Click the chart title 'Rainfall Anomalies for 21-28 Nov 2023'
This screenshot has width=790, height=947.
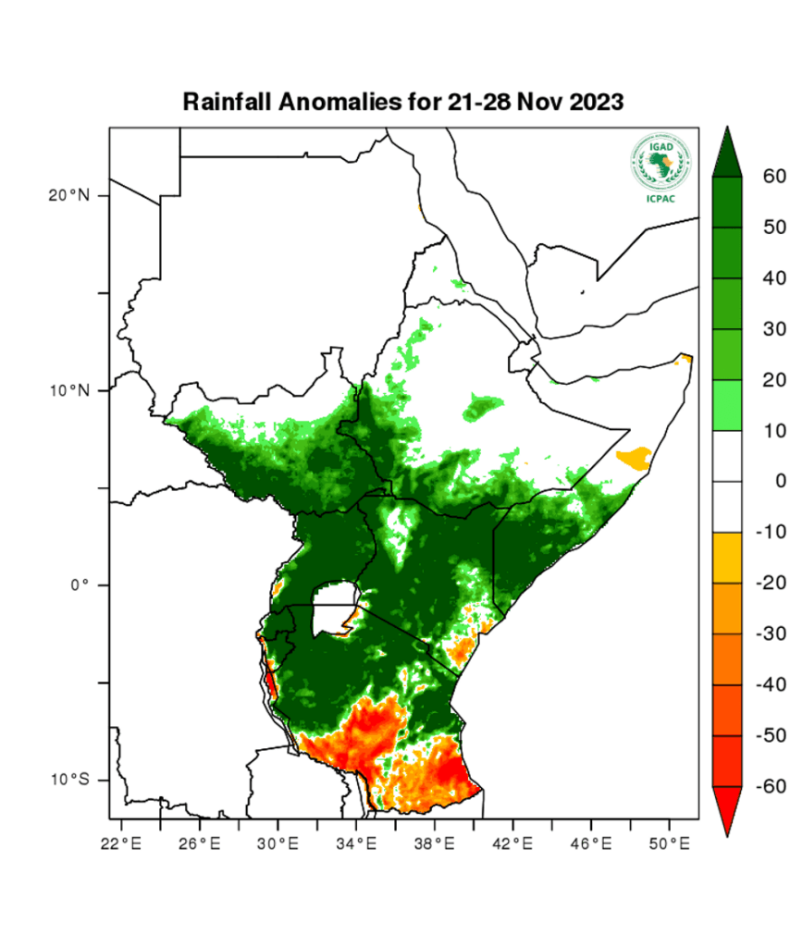(x=403, y=101)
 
